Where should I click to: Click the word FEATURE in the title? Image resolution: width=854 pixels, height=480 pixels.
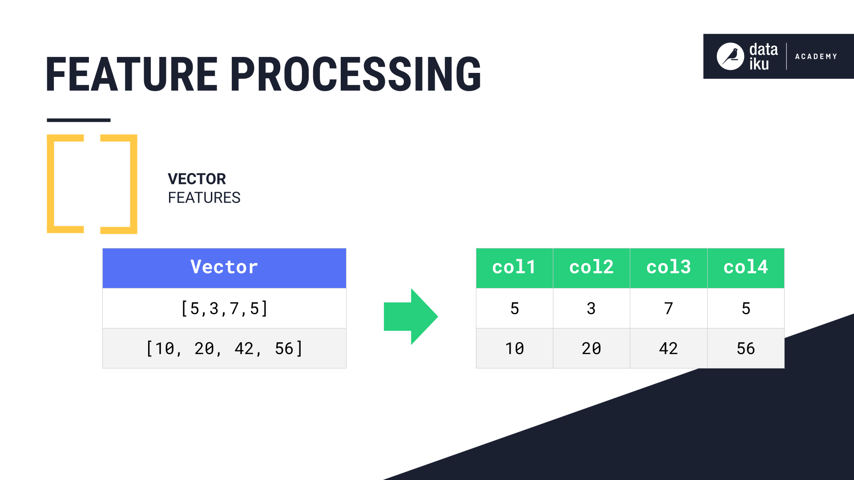131,75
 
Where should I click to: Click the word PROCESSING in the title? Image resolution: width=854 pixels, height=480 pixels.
356,75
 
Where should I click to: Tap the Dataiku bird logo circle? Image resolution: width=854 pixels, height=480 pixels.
730,56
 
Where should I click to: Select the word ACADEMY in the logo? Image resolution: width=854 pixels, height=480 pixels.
816,56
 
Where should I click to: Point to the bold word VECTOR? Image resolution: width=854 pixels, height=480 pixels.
197,179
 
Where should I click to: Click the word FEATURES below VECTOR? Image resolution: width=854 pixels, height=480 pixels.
204,198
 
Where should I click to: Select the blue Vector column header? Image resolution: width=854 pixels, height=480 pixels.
224,268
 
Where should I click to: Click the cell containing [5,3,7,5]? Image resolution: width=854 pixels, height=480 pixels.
224,308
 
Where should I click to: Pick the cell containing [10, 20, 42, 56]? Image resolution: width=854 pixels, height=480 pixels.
224,348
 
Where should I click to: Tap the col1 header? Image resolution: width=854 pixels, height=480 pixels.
514,268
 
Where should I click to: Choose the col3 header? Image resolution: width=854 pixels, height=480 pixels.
669,268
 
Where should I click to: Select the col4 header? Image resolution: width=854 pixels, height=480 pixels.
745,268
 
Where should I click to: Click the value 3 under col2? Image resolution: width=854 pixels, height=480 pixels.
591,308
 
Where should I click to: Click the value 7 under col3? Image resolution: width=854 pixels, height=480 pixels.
669,308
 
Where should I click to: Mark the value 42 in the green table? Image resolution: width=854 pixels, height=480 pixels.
669,348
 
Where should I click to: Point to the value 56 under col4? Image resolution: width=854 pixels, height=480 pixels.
745,348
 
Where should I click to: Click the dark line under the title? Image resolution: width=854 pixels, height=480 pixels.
79,120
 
